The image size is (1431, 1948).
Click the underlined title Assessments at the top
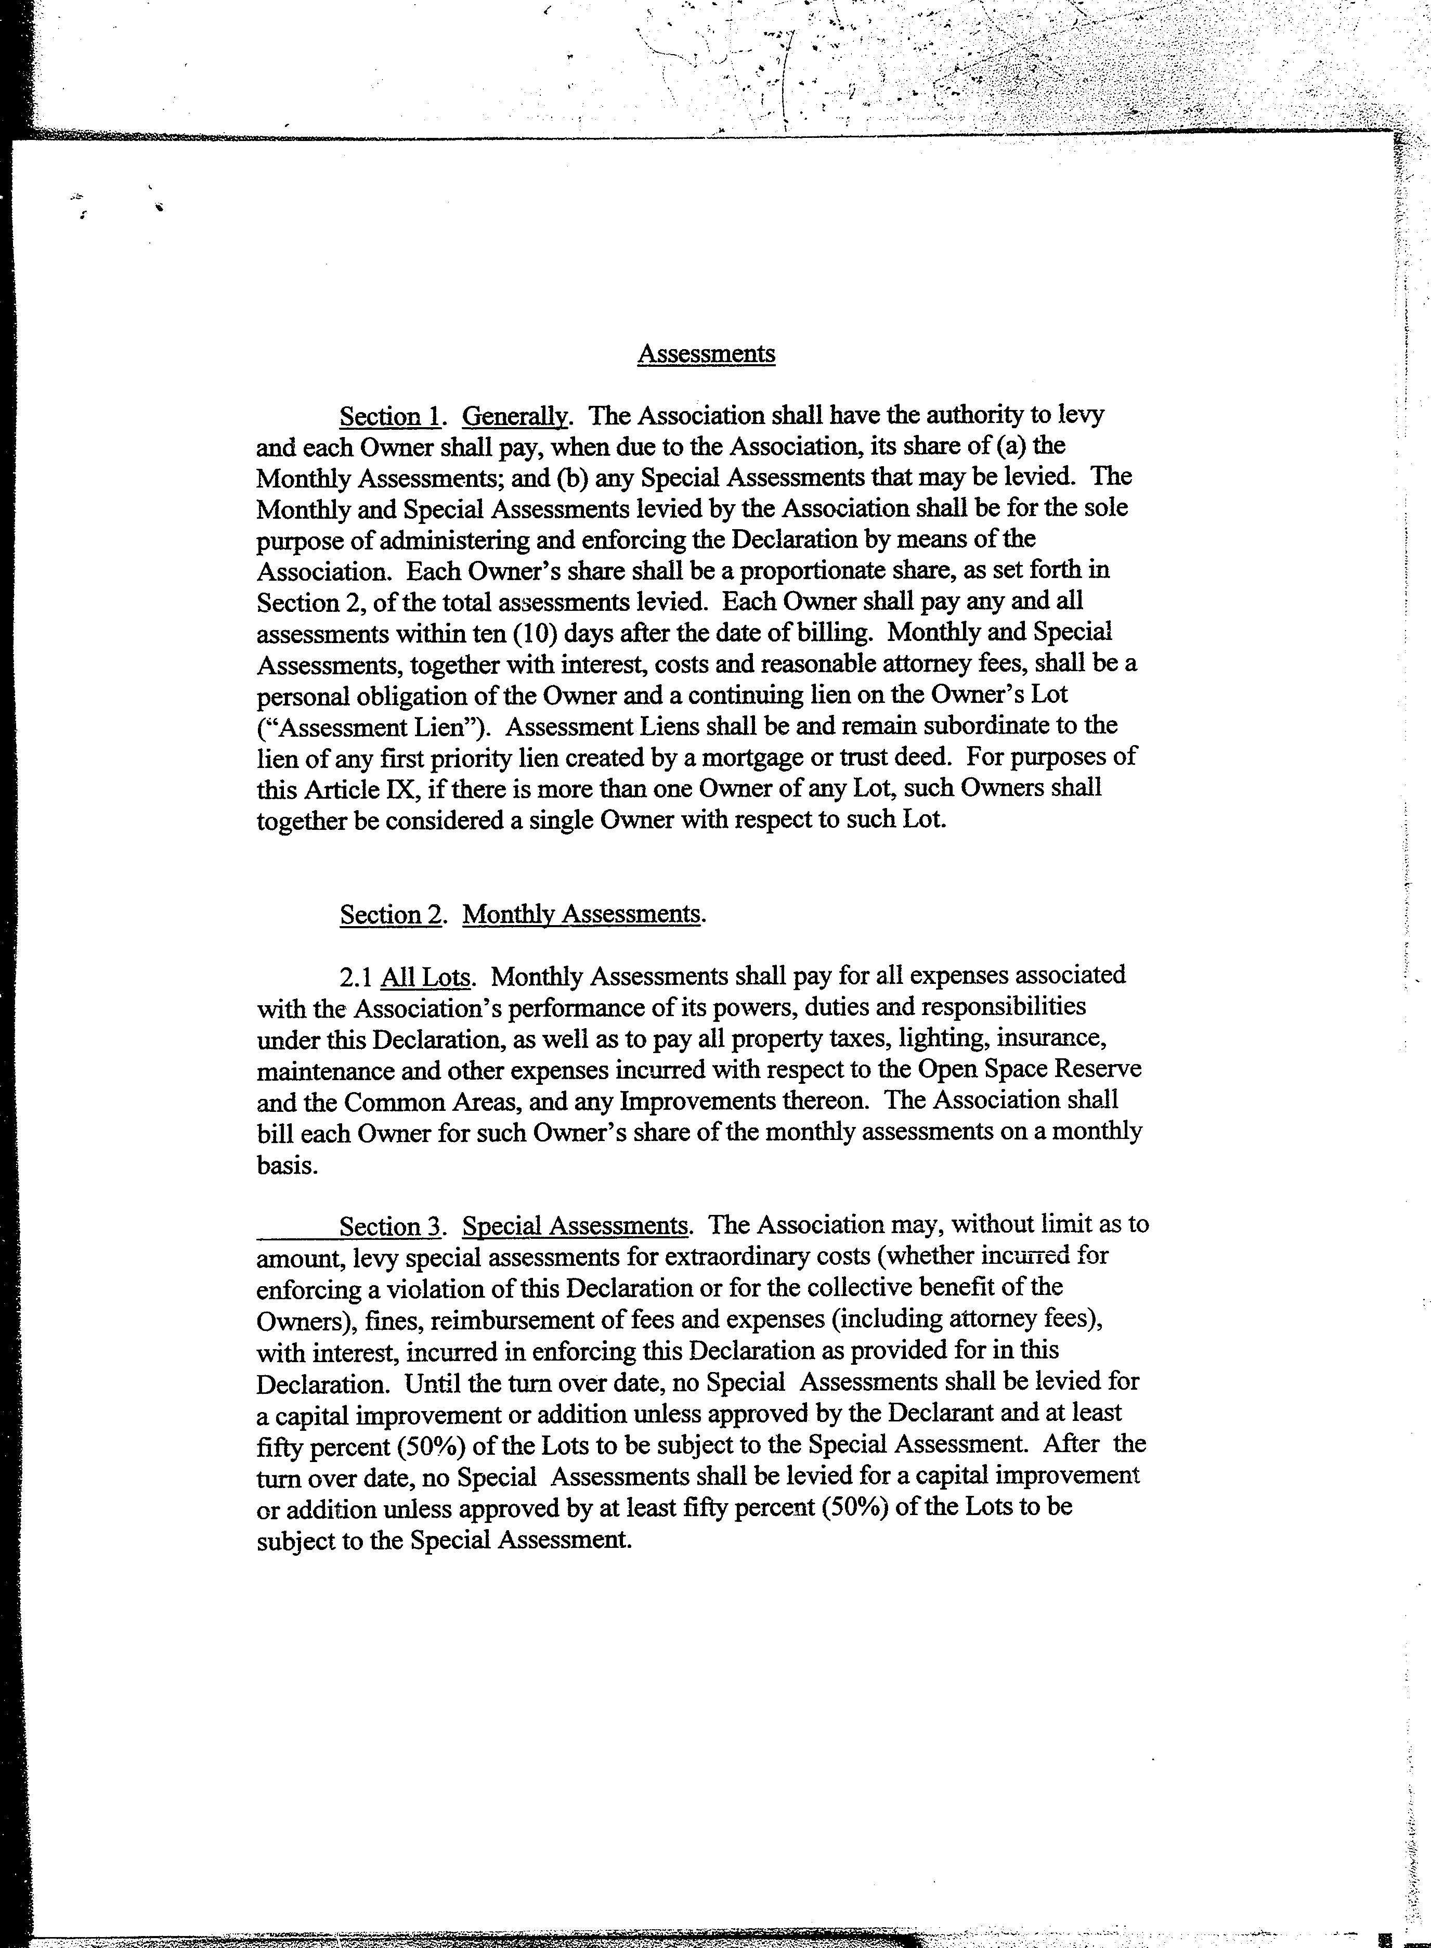coord(706,354)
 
